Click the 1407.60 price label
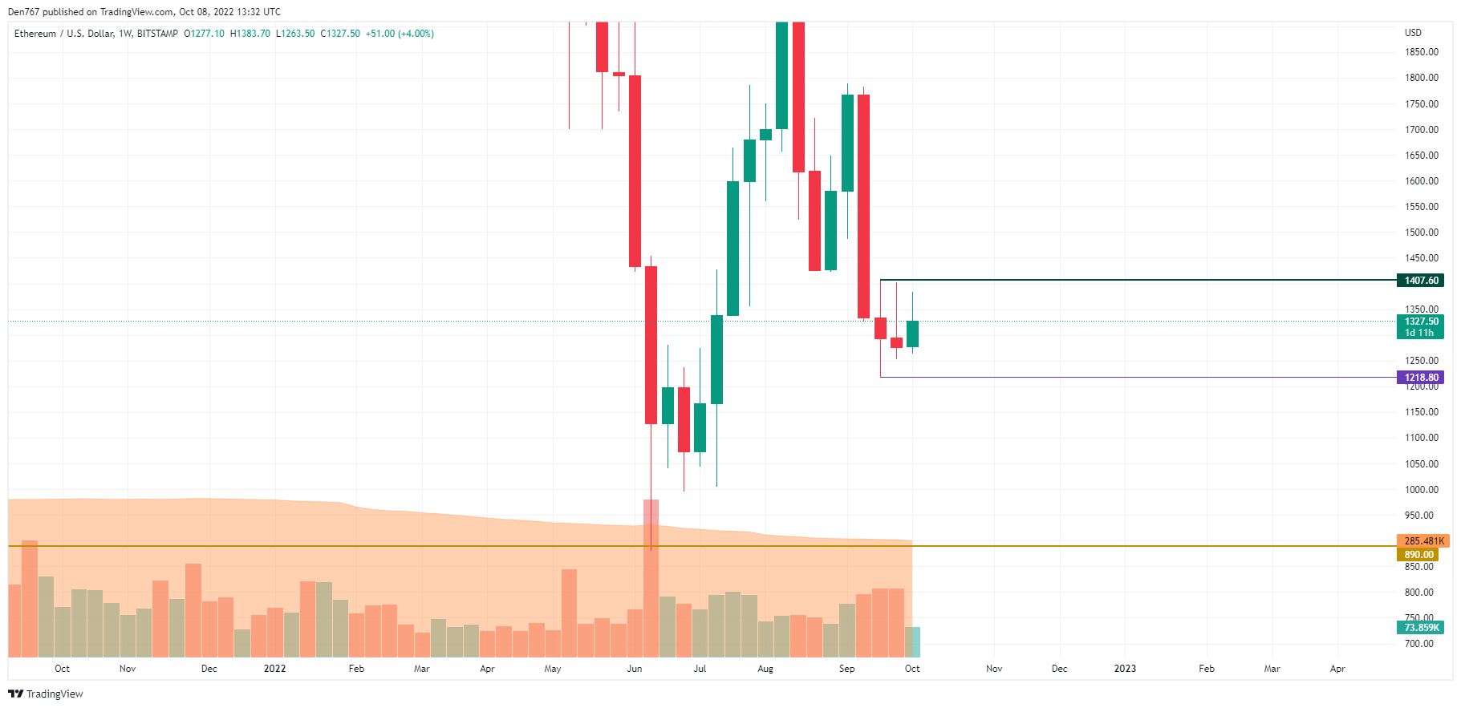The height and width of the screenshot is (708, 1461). pos(1421,281)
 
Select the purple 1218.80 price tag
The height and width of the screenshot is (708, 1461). pos(1421,378)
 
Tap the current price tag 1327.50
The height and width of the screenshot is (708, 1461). pos(1421,322)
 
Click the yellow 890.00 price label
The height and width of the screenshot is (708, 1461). pos(1418,555)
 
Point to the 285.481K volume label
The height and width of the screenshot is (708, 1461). pos(1423,541)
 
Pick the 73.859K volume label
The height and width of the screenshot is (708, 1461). pos(1421,628)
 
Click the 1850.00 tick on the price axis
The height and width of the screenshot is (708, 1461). pos(1421,52)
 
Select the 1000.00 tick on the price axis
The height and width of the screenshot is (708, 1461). pos(1421,490)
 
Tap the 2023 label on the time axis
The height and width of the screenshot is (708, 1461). pos(1125,669)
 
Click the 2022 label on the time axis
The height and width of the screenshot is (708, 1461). pos(274,669)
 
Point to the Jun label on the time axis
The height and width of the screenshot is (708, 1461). pos(635,669)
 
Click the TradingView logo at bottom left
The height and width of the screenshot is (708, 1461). pos(46,694)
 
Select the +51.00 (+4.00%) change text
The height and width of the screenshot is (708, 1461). pos(400,34)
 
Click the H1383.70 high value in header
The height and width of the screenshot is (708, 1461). pos(250,34)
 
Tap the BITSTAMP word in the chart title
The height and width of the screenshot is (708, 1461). pos(157,34)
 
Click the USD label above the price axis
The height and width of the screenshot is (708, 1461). pos(1413,33)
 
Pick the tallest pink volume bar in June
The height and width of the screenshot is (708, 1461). pos(651,577)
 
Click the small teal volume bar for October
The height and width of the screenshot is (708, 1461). pos(912,642)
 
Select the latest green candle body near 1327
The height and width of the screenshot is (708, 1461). pos(912,334)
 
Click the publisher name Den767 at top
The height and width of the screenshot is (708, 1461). pos(23,12)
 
